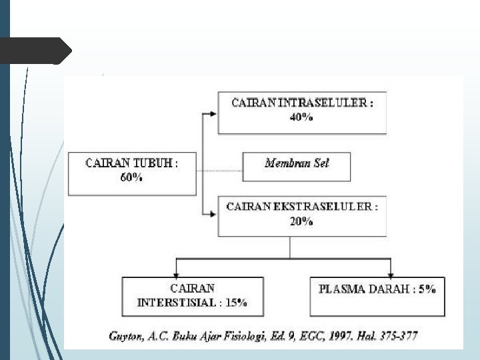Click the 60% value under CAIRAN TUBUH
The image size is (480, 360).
click(x=131, y=178)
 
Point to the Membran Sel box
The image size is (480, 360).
click(x=297, y=163)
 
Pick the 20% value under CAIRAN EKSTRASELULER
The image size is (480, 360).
click(x=301, y=221)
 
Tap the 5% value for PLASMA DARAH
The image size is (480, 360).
click(x=427, y=289)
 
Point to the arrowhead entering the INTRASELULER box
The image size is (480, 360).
click(x=213, y=114)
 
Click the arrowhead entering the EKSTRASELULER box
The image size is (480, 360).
click(x=213, y=214)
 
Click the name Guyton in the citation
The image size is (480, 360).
click(x=125, y=336)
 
